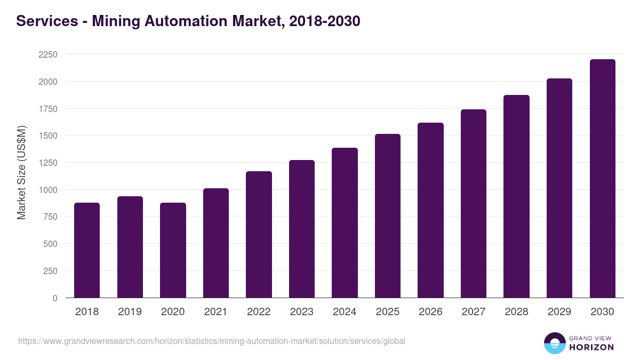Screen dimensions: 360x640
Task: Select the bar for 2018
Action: (87, 250)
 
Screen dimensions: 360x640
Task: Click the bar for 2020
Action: (173, 250)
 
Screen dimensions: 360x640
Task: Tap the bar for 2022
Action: (259, 235)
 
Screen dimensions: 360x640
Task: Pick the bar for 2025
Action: (388, 216)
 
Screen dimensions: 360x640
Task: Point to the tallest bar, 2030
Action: (602, 179)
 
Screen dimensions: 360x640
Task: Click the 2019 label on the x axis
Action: (130, 312)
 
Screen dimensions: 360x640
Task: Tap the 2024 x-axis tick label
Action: (345, 312)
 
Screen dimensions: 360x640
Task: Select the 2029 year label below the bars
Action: (559, 312)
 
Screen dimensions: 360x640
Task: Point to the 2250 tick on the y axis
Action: (48, 55)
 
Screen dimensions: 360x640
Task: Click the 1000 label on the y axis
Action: (48, 190)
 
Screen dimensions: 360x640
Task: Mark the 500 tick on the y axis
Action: (51, 244)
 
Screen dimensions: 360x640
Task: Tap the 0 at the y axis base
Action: (55, 298)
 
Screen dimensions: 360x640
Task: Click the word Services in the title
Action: (47, 21)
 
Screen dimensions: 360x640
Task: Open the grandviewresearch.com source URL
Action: (212, 341)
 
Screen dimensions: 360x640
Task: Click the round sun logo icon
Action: (554, 343)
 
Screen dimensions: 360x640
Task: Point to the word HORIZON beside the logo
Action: (591, 347)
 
